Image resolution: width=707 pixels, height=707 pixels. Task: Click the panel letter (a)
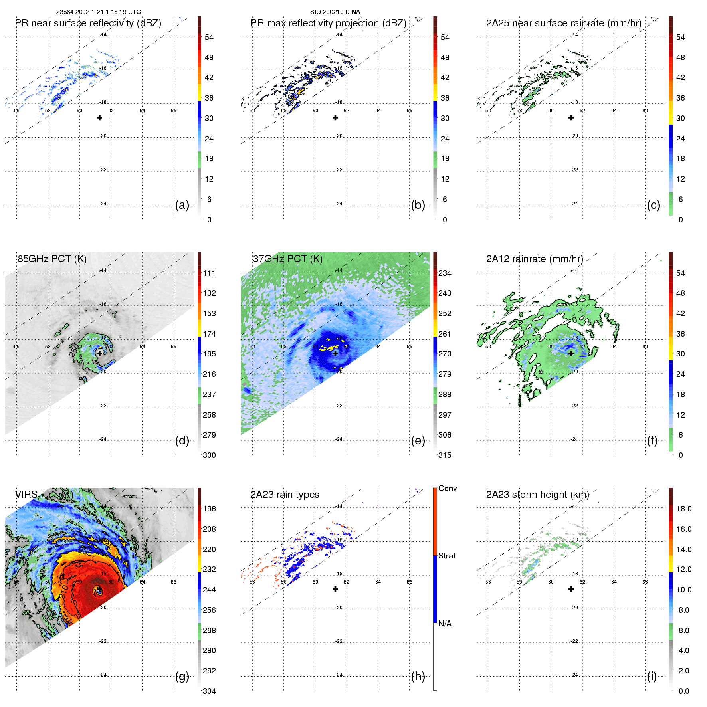[x=182, y=205]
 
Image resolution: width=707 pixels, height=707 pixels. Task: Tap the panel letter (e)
[x=418, y=441]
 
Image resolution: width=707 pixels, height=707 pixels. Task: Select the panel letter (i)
[x=652, y=677]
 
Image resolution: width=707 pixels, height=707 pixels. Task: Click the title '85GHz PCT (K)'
[x=52, y=259]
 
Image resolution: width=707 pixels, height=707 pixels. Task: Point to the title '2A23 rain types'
[x=285, y=495]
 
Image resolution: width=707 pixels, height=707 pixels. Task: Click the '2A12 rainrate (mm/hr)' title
[x=535, y=259]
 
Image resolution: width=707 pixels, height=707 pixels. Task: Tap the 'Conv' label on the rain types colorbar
[x=448, y=489]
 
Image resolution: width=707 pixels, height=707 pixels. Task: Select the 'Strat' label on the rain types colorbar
[x=447, y=556]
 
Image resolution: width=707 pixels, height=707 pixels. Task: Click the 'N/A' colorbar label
[x=445, y=624]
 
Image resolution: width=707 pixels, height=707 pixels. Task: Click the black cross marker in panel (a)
[x=99, y=117]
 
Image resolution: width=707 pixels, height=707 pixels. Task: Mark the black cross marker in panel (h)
[x=335, y=589]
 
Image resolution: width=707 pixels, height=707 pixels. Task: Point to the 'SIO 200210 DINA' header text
[x=335, y=12]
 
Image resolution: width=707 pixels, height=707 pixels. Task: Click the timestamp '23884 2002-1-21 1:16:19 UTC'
[x=99, y=12]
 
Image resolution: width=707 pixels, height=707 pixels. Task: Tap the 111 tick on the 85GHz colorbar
[x=209, y=273]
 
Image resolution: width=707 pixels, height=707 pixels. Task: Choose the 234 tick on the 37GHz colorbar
[x=445, y=273]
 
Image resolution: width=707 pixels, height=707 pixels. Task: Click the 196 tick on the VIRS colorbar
[x=209, y=509]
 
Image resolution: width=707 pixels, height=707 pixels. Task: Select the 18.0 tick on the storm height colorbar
[x=684, y=509]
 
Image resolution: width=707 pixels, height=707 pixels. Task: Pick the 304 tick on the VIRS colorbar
[x=209, y=691]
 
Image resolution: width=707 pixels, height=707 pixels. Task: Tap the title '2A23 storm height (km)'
[x=537, y=495]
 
